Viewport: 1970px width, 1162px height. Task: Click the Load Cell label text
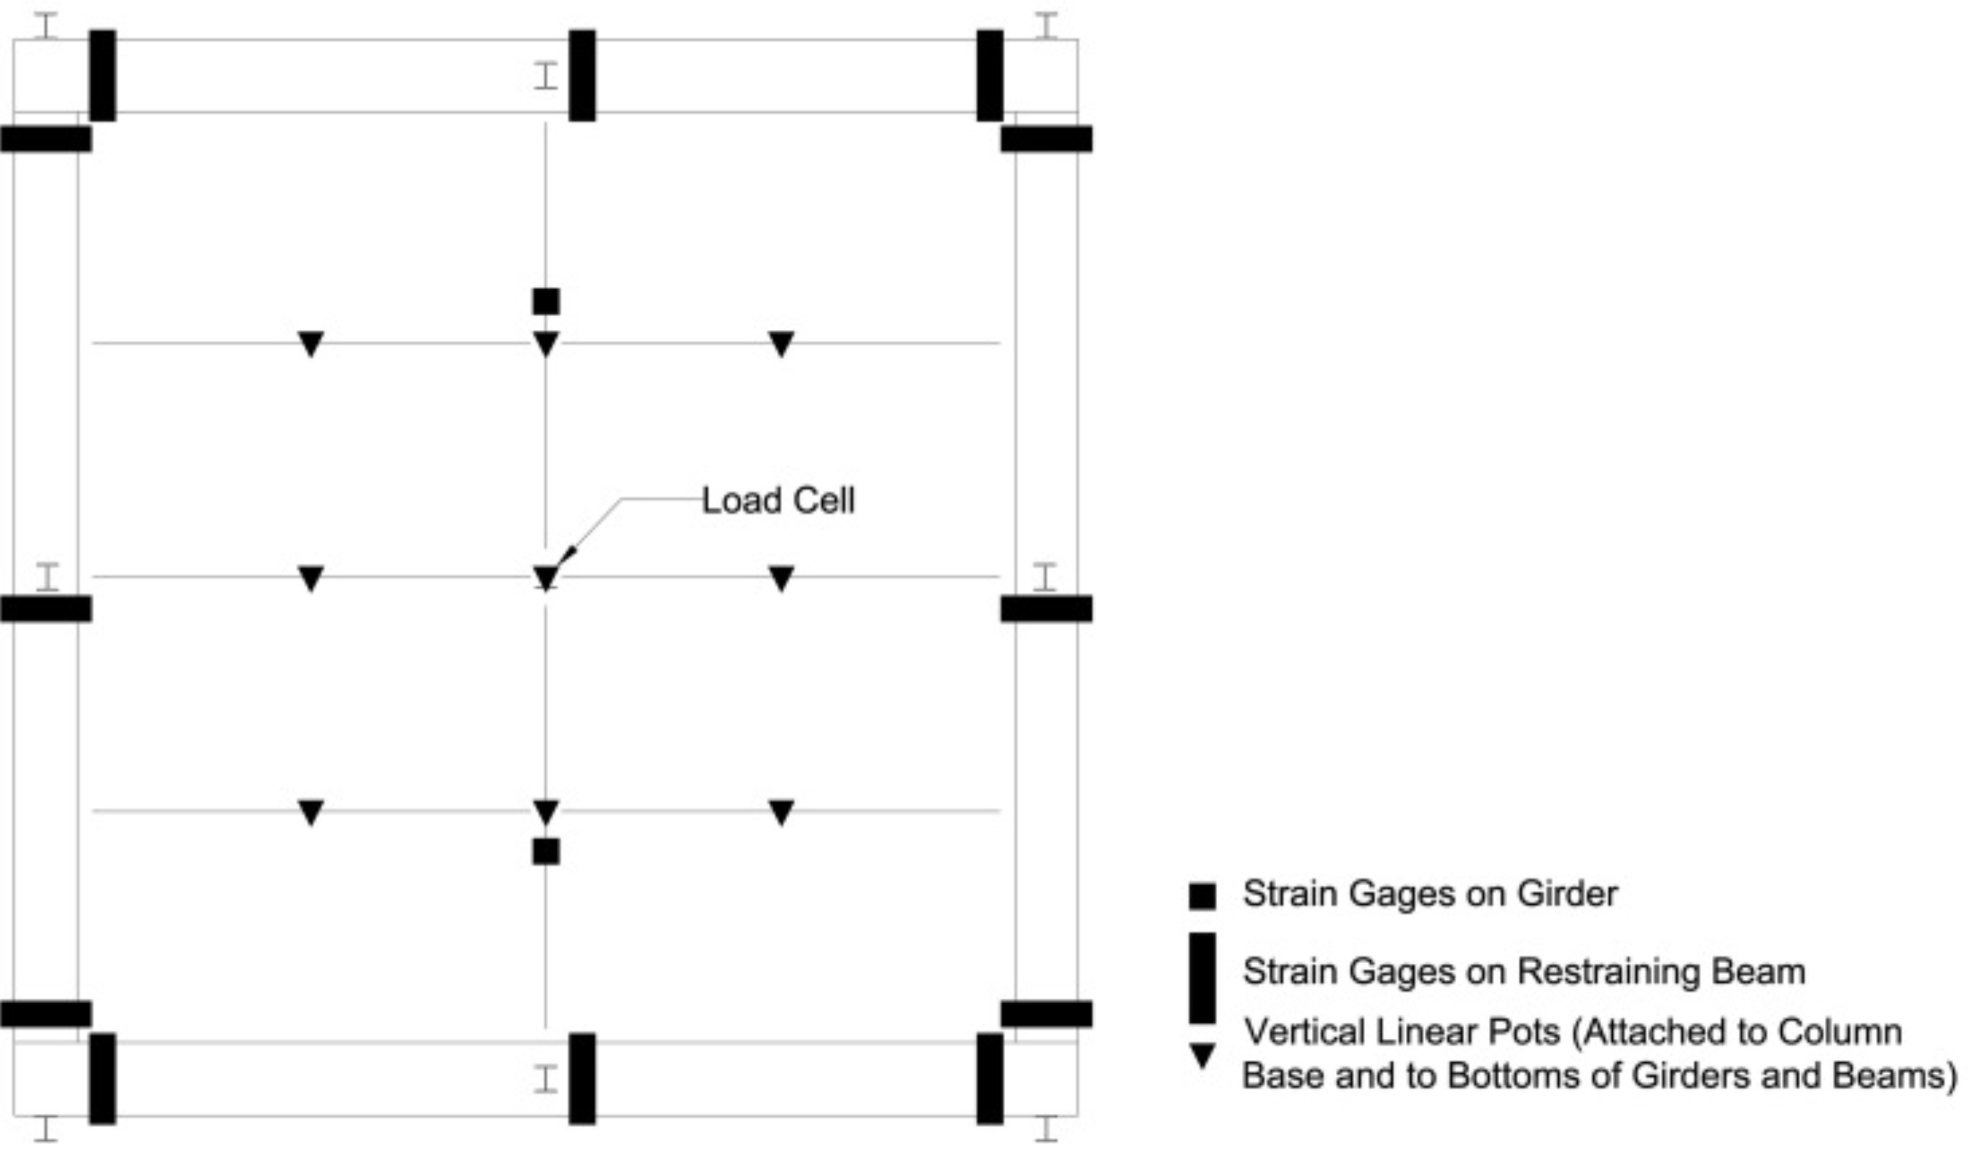pos(777,501)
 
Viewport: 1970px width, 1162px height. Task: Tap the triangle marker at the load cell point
pos(546,578)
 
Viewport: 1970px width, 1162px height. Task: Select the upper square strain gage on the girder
pos(546,301)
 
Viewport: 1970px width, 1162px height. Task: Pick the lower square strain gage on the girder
pos(546,851)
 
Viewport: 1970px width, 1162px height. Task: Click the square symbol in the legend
pos(1202,896)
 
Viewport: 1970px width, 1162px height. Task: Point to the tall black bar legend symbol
pos(1202,978)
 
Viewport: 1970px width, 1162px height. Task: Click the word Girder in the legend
pos(1567,894)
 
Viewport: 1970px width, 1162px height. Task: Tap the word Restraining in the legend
pos(1608,971)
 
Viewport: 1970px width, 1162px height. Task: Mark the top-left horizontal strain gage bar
pos(46,139)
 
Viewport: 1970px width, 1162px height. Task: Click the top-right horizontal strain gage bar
pos(1047,139)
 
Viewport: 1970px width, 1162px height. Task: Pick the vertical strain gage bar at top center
pos(582,75)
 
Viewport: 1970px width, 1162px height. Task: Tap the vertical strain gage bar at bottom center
pos(582,1078)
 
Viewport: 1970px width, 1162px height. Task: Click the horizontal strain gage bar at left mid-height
pos(46,609)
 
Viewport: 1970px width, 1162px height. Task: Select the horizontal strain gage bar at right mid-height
pos(1047,609)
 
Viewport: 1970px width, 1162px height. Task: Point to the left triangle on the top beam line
pos(311,343)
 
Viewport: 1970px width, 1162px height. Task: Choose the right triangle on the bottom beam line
pos(781,812)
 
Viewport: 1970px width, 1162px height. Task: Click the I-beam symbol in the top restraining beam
pos(546,75)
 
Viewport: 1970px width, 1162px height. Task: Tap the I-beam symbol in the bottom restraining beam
pos(546,1078)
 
